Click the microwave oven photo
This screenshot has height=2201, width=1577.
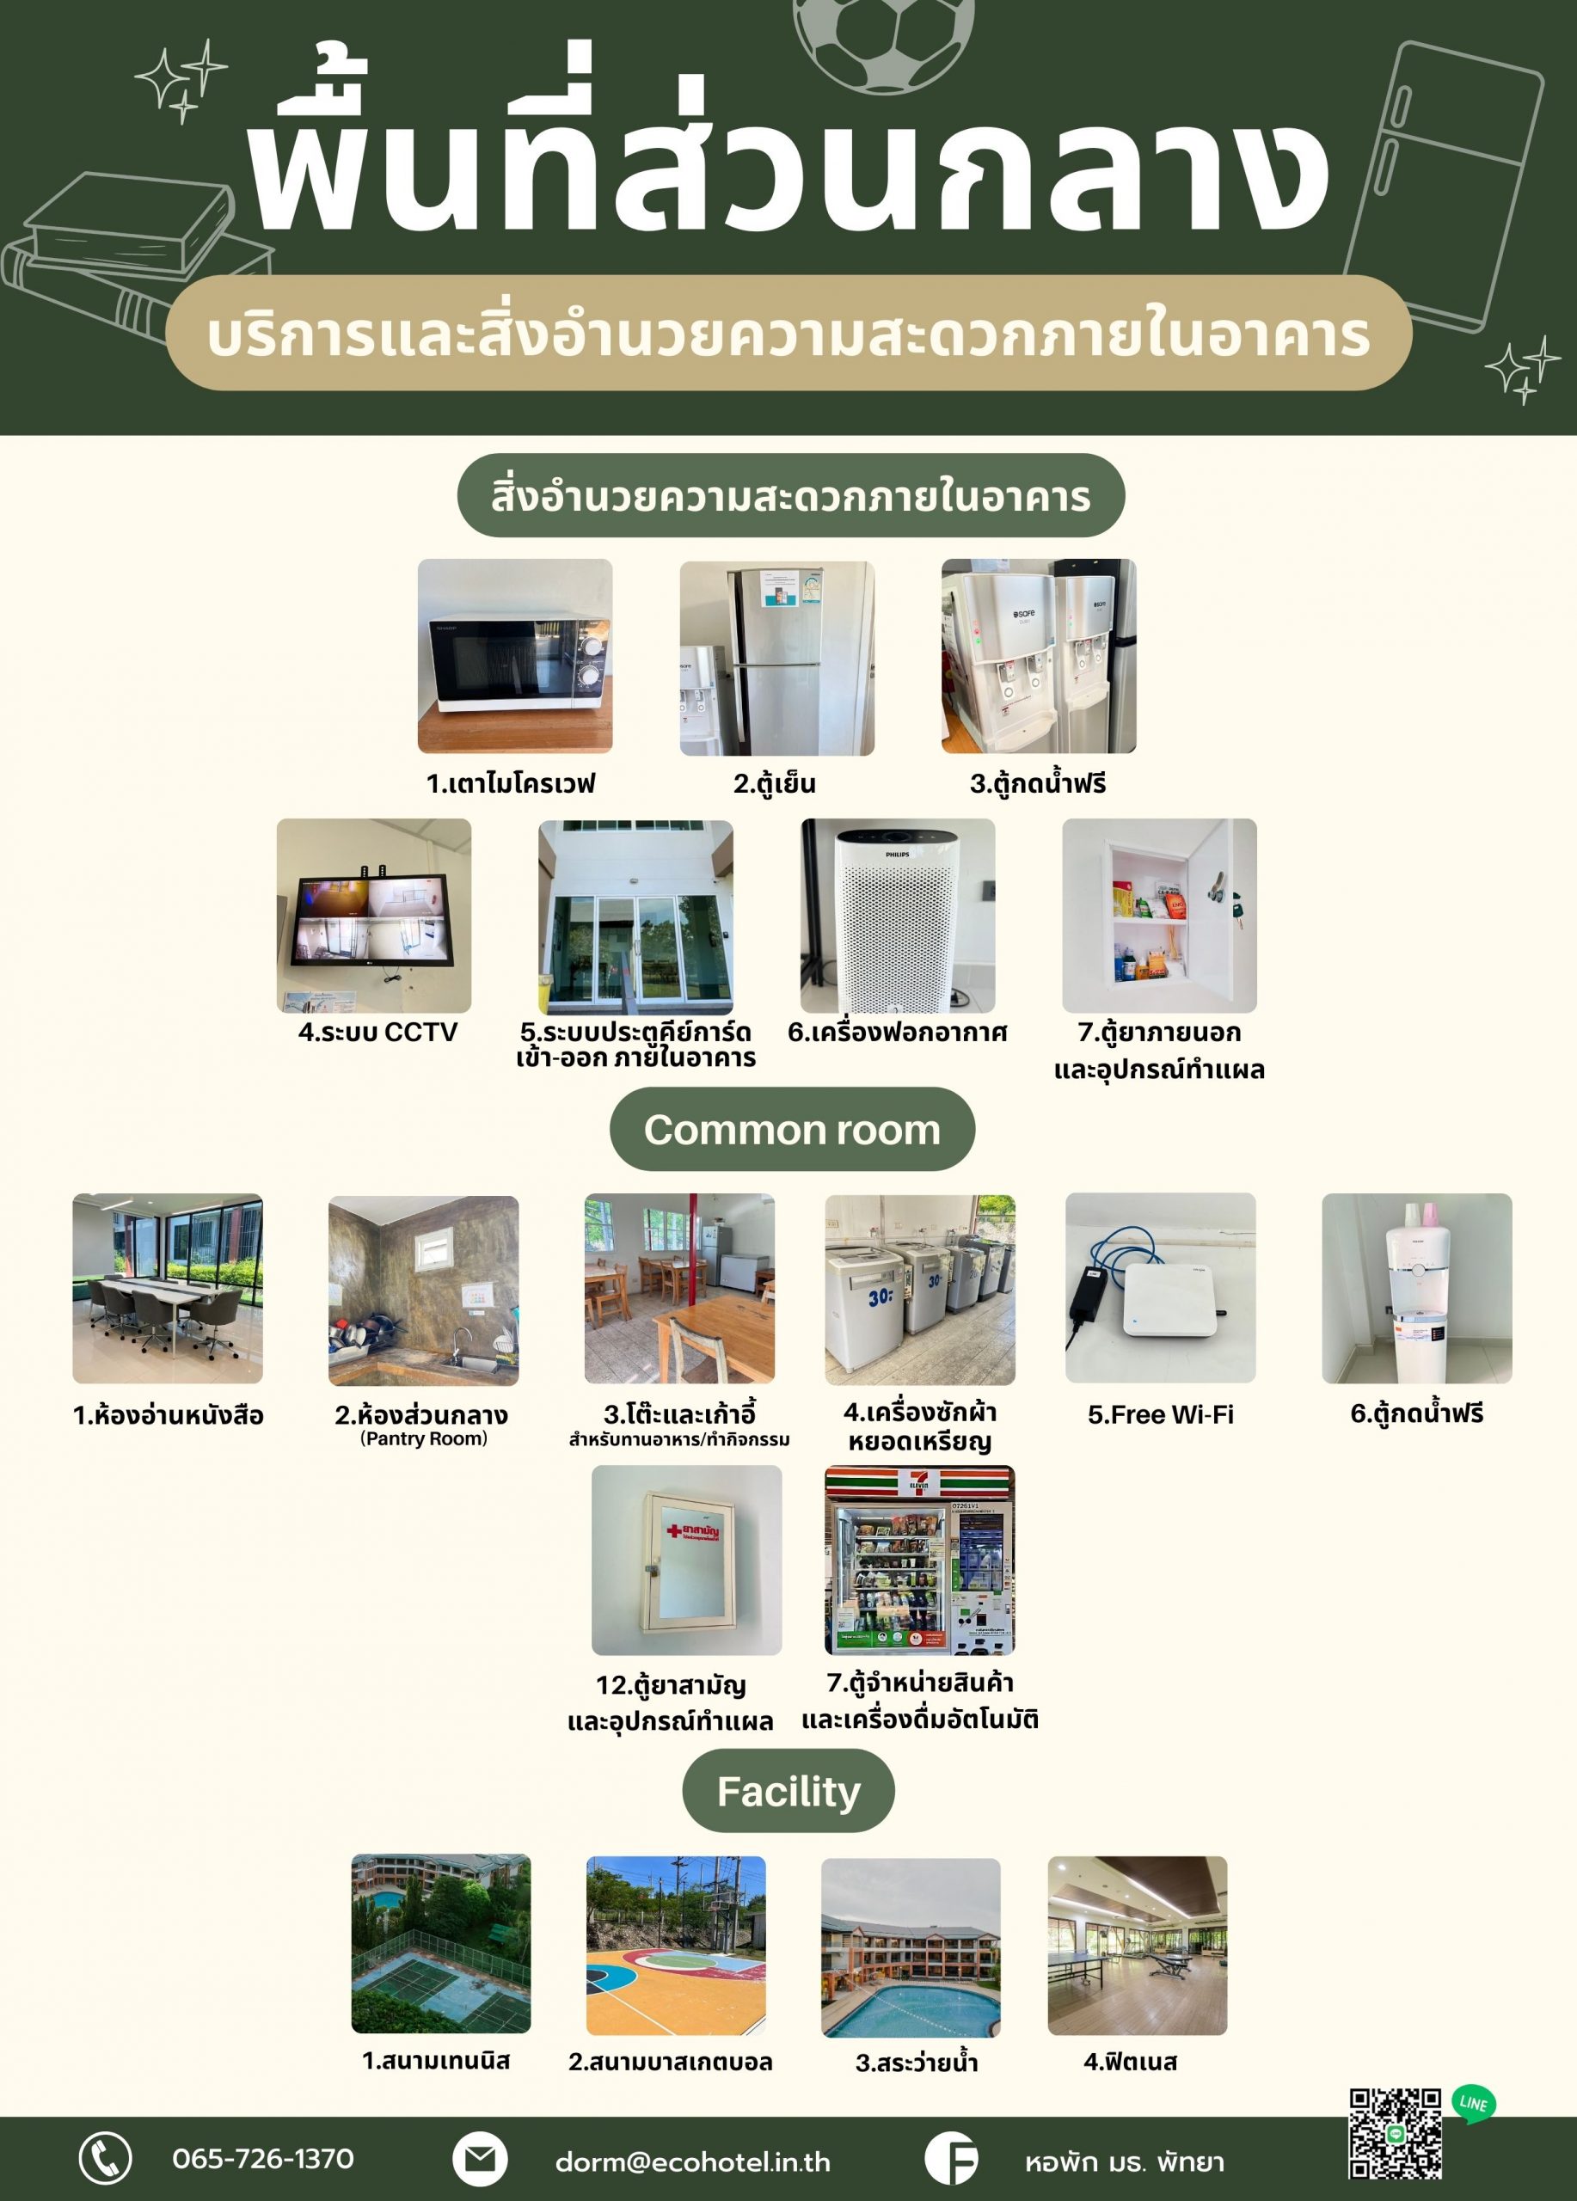pyautogui.click(x=514, y=655)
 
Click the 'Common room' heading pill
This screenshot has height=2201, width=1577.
pyautogui.click(x=792, y=1129)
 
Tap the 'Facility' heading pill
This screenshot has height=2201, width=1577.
pyautogui.click(x=788, y=1791)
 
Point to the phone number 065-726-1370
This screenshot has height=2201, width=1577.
pyautogui.click(x=263, y=2157)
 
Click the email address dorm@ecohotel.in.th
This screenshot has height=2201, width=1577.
pyautogui.click(x=693, y=2161)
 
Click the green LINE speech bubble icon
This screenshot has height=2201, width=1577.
pyautogui.click(x=1473, y=2104)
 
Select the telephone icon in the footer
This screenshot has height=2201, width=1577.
pyautogui.click(x=105, y=2158)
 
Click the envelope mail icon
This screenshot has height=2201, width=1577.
pyautogui.click(x=480, y=2158)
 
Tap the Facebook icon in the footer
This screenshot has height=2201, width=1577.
pyautogui.click(x=951, y=2158)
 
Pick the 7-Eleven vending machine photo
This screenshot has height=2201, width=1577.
pyautogui.click(x=920, y=1560)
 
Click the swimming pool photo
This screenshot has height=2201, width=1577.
pyautogui.click(x=911, y=1947)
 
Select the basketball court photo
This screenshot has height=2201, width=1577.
pyautogui.click(x=676, y=1946)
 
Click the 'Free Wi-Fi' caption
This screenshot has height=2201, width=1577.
pyautogui.click(x=1161, y=1414)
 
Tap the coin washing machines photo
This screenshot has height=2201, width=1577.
pyautogui.click(x=920, y=1289)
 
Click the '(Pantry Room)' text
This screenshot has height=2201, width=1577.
pyautogui.click(x=424, y=1438)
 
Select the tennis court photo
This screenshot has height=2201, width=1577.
pyautogui.click(x=440, y=1944)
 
